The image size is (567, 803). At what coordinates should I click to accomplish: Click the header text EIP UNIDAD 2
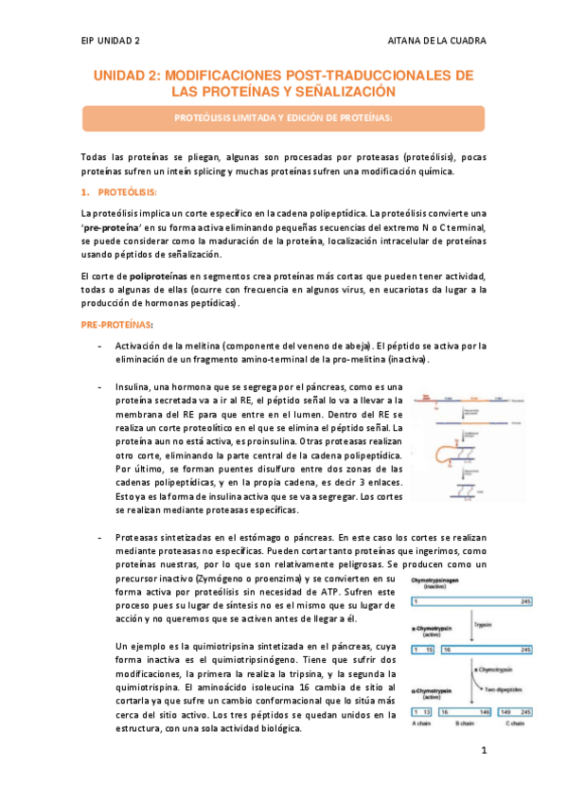click(x=112, y=42)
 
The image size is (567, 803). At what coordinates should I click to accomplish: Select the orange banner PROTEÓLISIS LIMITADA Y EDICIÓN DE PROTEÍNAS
click(x=283, y=118)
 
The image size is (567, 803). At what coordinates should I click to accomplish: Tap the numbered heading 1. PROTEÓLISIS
click(x=117, y=192)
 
